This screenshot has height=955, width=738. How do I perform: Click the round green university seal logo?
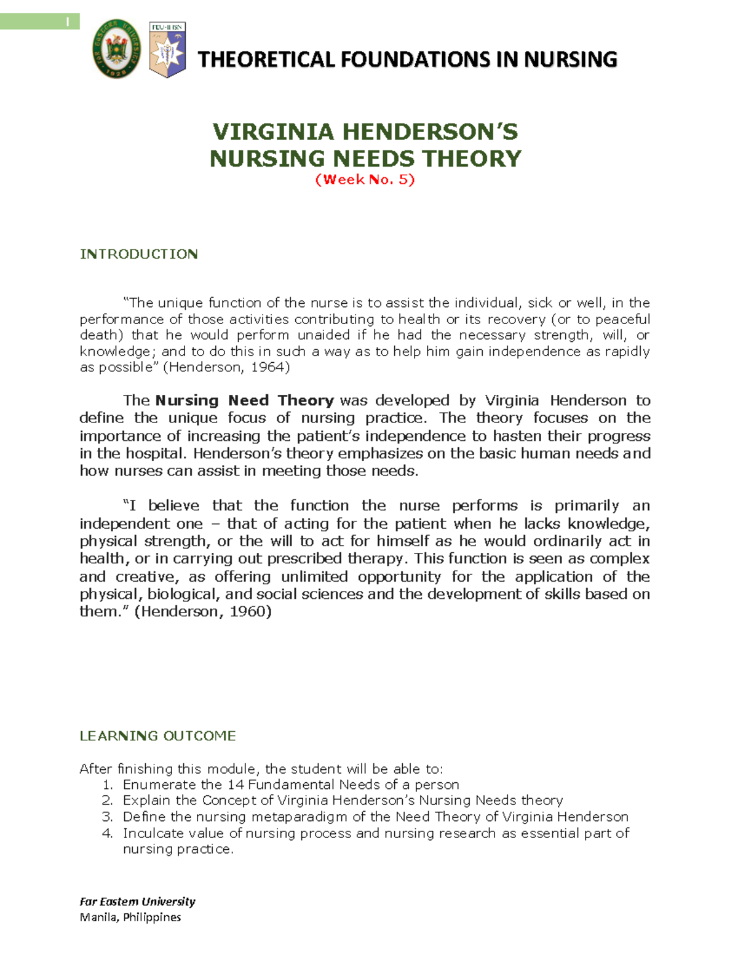pos(116,52)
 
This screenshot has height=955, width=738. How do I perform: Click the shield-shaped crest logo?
pos(167,50)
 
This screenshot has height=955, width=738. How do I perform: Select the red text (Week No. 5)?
pos(365,180)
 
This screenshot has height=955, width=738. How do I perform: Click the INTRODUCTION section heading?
pos(139,254)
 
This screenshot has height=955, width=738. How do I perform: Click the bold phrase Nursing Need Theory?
pos(244,400)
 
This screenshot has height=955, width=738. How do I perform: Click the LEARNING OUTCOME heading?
pos(157,735)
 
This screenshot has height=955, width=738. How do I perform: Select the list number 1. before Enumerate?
pos(108,785)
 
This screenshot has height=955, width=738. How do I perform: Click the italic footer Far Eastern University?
pos(137,902)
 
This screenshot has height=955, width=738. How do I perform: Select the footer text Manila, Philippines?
pos(130,917)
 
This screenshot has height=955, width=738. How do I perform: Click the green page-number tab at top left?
pos(40,22)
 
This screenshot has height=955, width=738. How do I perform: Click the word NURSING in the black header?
pos(570,60)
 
